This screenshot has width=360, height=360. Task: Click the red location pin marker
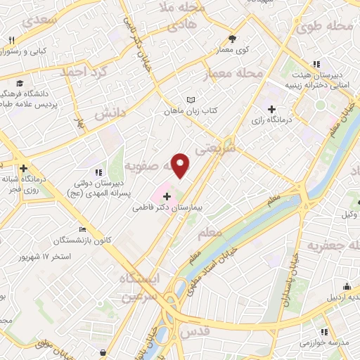(x=181, y=165)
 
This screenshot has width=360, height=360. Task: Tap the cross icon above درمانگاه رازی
(x=271, y=109)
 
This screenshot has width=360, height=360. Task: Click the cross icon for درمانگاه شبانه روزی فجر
(x=24, y=169)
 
